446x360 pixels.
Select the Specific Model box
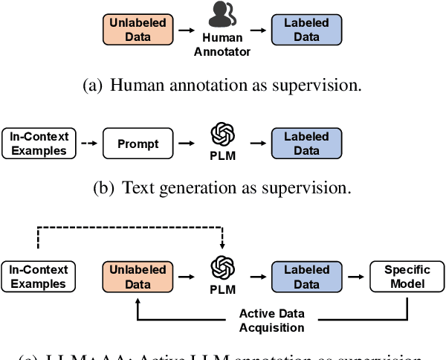point(407,277)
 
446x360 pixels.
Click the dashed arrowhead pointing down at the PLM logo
point(222,247)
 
